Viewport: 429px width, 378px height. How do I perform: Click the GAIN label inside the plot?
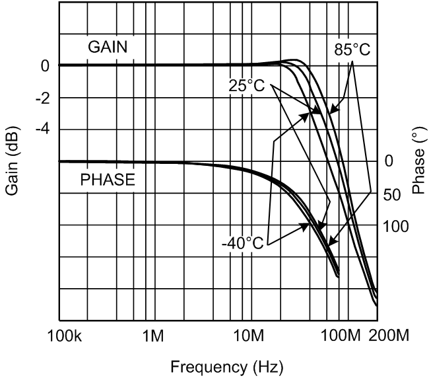click(108, 47)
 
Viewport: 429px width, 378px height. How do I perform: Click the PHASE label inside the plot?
click(108, 179)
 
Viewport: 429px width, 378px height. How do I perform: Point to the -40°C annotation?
click(243, 243)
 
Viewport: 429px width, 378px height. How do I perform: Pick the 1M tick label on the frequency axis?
click(153, 335)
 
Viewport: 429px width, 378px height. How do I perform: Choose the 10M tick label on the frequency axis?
click(249, 335)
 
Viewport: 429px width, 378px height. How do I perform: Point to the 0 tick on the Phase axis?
click(389, 161)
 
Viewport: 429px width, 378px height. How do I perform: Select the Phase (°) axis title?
click(416, 161)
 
